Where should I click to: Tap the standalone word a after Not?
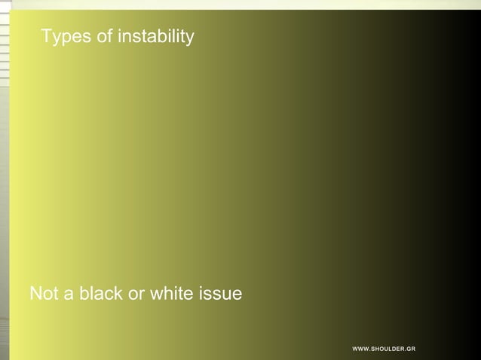pos(67,294)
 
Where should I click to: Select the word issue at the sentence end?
pos(221,294)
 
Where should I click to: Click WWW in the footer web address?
pos(360,349)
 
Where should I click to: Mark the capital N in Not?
pos(35,294)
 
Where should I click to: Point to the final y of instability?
pos(190,38)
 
